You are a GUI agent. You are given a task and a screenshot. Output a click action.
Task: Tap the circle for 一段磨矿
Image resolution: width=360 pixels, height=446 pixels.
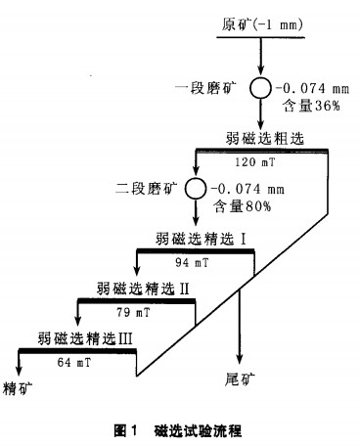[x=261, y=88]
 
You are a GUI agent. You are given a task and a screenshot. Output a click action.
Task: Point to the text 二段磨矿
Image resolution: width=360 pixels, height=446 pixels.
[x=149, y=187]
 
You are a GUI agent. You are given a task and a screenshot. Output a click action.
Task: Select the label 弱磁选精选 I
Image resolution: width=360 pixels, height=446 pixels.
[x=193, y=239]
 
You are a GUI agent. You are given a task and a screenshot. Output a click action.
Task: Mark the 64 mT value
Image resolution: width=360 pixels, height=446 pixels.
[x=74, y=362]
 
